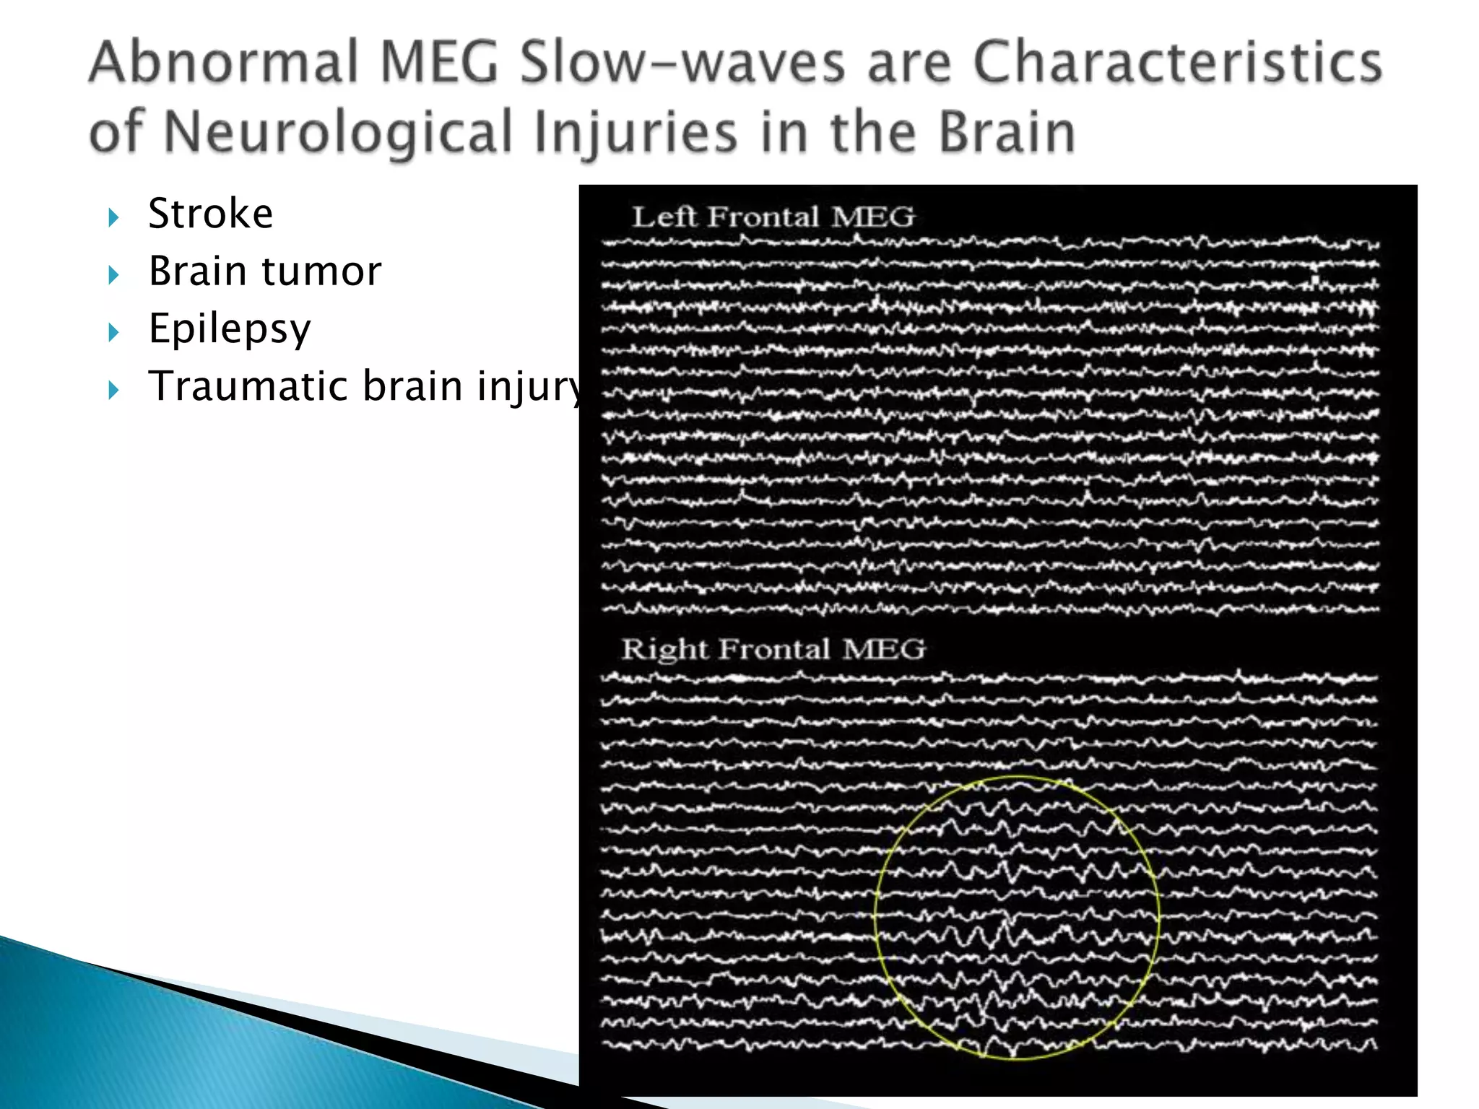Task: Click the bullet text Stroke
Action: point(211,214)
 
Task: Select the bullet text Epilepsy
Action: point(230,329)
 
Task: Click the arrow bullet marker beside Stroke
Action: point(113,217)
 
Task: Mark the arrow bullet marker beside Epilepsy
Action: point(113,332)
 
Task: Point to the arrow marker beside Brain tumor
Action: point(113,274)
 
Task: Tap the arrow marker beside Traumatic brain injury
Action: point(113,390)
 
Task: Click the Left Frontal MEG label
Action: point(773,217)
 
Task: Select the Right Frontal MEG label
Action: point(773,649)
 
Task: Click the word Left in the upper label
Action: point(664,217)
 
